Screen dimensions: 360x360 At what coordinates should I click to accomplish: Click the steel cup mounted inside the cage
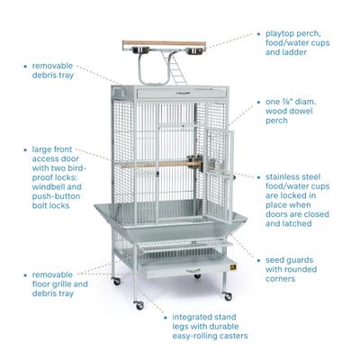[191, 163]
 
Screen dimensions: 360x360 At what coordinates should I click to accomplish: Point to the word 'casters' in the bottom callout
[229, 336]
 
